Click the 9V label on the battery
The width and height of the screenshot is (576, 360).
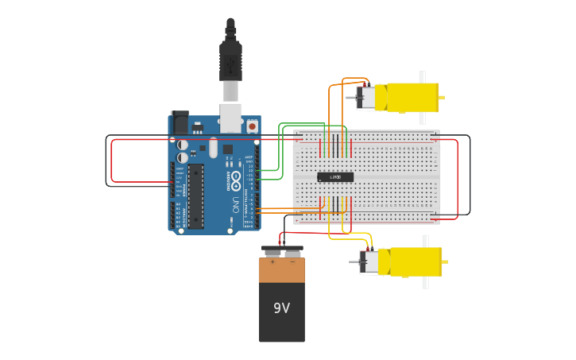tap(281, 308)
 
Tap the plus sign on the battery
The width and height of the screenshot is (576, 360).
tap(273, 261)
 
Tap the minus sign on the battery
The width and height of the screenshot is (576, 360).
tap(292, 261)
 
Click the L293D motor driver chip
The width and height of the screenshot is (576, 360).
tap(335, 176)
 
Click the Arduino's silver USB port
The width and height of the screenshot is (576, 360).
tap(230, 117)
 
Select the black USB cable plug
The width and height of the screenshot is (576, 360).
tap(230, 60)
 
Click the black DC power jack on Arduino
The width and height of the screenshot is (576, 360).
tap(180, 122)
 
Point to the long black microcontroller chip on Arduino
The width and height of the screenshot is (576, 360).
tap(195, 195)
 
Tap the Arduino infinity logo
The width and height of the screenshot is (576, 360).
tap(236, 180)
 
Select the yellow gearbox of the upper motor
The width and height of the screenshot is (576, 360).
tap(412, 98)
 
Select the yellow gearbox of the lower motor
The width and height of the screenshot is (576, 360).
tap(414, 261)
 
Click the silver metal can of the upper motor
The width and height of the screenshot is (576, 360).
tap(368, 98)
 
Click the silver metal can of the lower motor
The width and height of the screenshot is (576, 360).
tap(370, 261)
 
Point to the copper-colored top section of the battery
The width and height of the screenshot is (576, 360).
tap(281, 270)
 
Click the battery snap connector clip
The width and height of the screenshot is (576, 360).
tap(282, 250)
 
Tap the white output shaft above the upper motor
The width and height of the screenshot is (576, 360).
tap(423, 76)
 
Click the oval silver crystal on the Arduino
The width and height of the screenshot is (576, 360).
tap(213, 147)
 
